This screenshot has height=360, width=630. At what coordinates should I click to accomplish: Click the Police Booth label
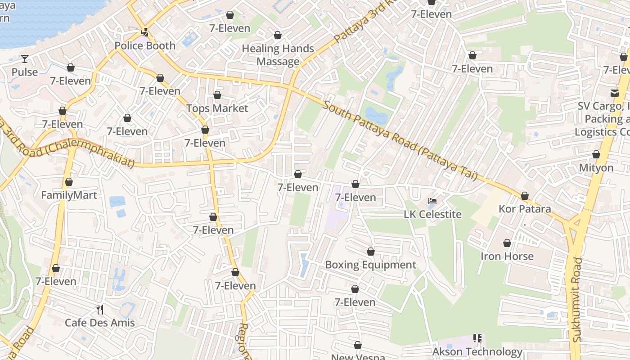(x=145, y=45)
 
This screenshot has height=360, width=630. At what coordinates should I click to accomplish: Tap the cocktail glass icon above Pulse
(x=25, y=58)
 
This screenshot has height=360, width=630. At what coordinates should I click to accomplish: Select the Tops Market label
(x=217, y=108)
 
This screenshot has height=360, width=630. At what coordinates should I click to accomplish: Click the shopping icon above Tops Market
(x=217, y=95)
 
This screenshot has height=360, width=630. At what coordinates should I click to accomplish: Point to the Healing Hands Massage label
(x=278, y=55)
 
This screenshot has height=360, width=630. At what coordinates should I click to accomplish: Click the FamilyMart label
(x=69, y=195)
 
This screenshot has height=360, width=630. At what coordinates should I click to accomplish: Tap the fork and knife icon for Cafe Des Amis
(x=100, y=309)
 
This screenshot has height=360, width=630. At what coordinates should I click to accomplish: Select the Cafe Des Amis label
(x=100, y=323)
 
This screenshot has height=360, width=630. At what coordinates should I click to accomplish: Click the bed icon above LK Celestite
(x=432, y=201)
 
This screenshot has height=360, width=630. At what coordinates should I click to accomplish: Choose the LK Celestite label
(x=432, y=214)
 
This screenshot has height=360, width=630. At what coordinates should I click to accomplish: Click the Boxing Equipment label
(x=370, y=265)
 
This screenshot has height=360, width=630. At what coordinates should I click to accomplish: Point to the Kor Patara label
(x=525, y=209)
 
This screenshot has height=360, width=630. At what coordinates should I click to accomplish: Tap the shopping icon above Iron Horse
(x=507, y=243)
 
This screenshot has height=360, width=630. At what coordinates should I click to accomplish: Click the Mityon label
(x=596, y=168)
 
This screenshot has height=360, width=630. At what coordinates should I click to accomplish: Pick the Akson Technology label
(x=477, y=351)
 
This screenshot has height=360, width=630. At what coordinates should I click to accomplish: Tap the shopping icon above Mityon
(x=596, y=154)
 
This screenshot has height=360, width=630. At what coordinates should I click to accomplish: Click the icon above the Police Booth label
(x=145, y=32)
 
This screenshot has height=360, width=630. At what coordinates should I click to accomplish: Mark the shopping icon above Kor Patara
(x=525, y=196)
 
